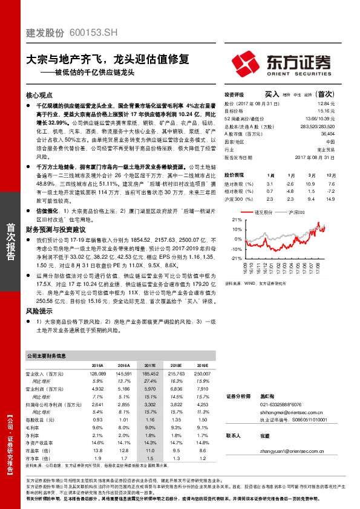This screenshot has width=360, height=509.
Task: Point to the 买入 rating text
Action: coord(272,94)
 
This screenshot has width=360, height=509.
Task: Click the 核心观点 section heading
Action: coord(41,96)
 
